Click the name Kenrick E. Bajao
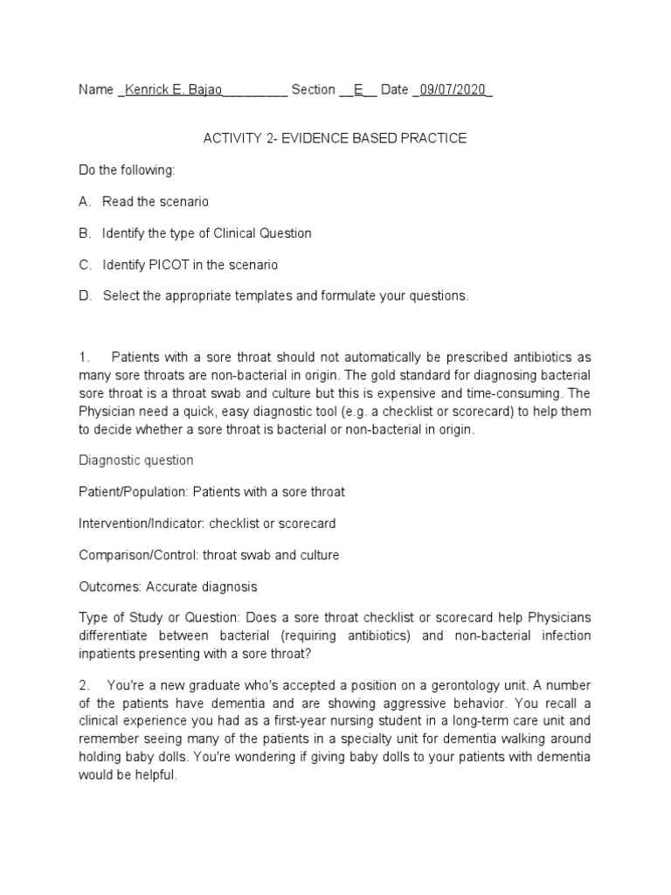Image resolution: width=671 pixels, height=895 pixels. (x=173, y=90)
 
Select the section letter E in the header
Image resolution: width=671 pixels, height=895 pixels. (x=357, y=90)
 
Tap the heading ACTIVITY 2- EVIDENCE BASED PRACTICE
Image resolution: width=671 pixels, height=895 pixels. (x=335, y=138)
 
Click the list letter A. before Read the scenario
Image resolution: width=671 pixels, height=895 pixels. (x=85, y=202)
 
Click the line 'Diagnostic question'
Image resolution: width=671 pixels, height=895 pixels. (x=136, y=461)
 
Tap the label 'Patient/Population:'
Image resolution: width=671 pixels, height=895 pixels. (x=134, y=492)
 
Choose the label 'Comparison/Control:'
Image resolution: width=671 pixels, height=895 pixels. (x=135, y=555)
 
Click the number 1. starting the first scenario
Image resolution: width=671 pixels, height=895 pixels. (x=85, y=358)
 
